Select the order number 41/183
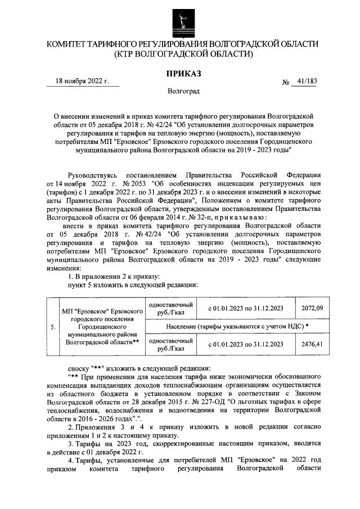(305, 81)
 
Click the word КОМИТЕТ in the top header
(68, 43)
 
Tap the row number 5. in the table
(52, 326)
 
